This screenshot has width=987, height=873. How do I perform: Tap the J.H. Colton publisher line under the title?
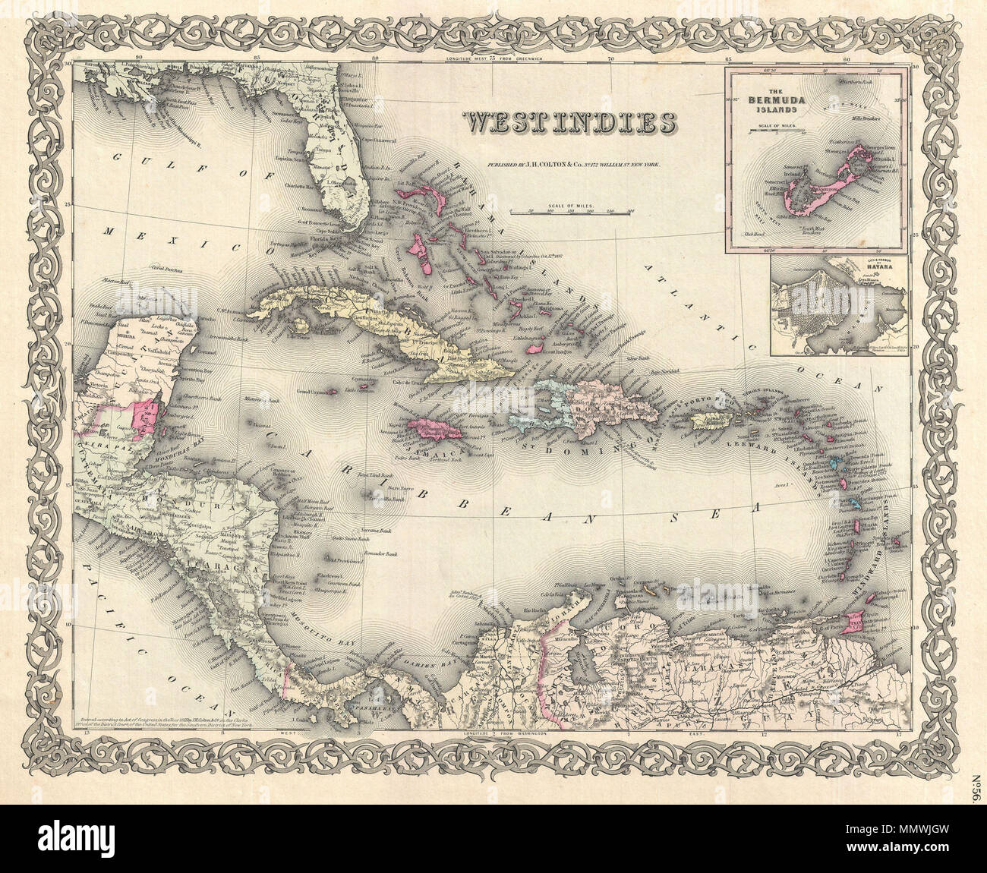pyautogui.click(x=566, y=164)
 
